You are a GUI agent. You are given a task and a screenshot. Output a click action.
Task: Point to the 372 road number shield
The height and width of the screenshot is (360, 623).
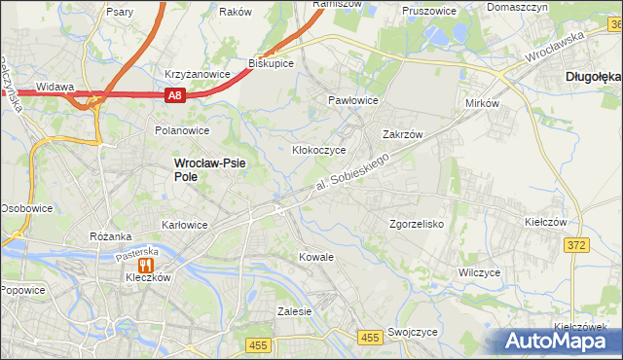(577, 245)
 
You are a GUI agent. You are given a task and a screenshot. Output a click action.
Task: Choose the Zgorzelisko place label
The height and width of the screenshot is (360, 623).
(416, 224)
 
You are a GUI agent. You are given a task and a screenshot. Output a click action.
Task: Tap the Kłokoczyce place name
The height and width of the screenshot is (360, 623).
(319, 151)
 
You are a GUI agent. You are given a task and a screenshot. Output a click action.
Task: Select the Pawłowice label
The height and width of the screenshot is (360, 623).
(352, 100)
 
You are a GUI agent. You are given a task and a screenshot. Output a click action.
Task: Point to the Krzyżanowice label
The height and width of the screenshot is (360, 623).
(197, 74)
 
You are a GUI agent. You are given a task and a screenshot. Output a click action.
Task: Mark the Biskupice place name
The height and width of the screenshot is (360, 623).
(272, 62)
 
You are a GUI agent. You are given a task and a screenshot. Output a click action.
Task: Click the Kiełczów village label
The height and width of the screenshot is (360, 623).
(545, 222)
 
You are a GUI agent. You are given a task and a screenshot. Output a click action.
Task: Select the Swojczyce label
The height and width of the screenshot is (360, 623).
(412, 332)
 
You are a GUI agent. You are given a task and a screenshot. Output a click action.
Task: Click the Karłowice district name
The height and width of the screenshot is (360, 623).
(184, 225)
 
